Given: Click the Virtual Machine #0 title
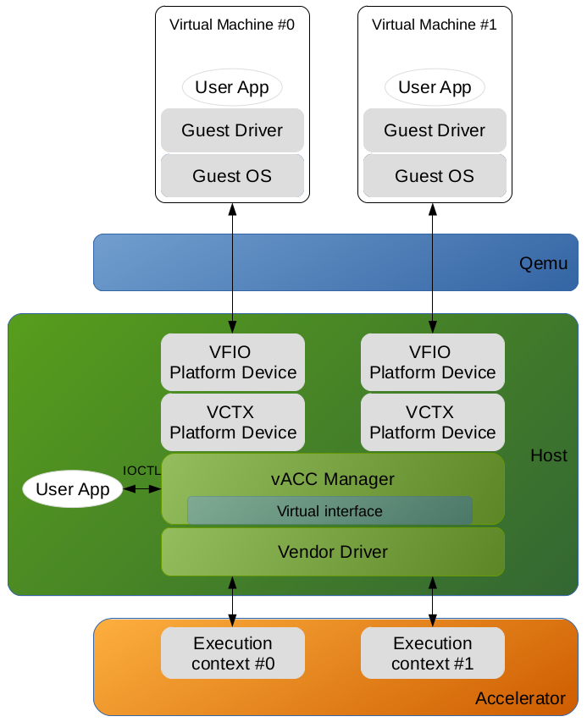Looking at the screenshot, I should tap(232, 25).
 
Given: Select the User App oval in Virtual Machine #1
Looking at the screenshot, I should tap(435, 87).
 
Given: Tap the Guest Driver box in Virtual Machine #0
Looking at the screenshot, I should tap(232, 130).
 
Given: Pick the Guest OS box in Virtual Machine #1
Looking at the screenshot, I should tap(435, 176).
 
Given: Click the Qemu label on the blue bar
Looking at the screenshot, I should tap(543, 263).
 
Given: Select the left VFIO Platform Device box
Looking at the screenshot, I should tap(233, 362).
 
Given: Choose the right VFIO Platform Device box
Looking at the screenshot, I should tap(433, 362).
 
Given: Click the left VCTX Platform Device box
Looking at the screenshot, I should tap(233, 422).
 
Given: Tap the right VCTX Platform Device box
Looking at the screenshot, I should tap(433, 422).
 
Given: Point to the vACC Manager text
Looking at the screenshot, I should tap(333, 479).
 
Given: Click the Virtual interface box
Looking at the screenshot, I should tap(329, 511).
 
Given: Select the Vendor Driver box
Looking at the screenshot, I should tap(333, 552).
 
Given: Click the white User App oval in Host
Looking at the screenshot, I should tap(73, 489).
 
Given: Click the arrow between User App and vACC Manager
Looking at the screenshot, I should tap(142, 489).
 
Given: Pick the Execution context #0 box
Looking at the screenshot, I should tap(233, 653).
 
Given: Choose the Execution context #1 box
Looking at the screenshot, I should tap(433, 653).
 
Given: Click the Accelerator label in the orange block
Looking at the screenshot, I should tap(520, 698).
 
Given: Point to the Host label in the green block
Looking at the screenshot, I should tap(549, 455).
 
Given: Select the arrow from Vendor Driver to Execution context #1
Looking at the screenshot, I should tap(433, 602).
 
